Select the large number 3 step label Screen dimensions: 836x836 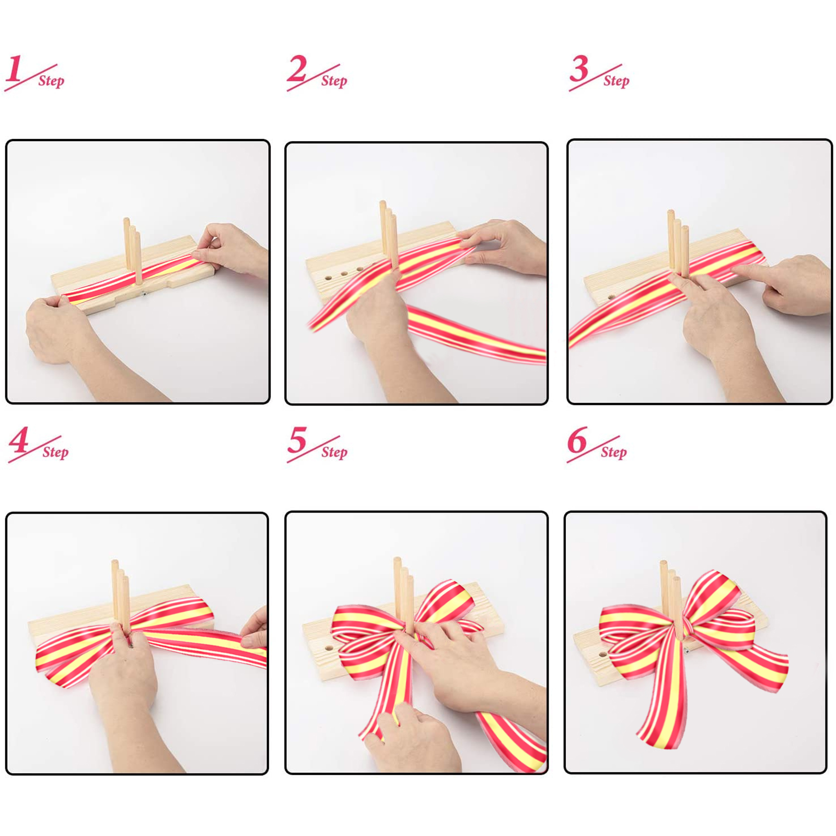(579, 69)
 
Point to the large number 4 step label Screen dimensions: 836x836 (19, 440)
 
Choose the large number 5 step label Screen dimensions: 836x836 (297, 440)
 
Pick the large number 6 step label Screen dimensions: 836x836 (577, 440)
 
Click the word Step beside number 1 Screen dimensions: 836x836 (51, 81)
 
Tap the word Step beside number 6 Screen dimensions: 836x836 (613, 452)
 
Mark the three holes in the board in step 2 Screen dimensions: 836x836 (344, 273)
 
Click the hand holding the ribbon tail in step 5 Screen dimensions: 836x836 (410, 737)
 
